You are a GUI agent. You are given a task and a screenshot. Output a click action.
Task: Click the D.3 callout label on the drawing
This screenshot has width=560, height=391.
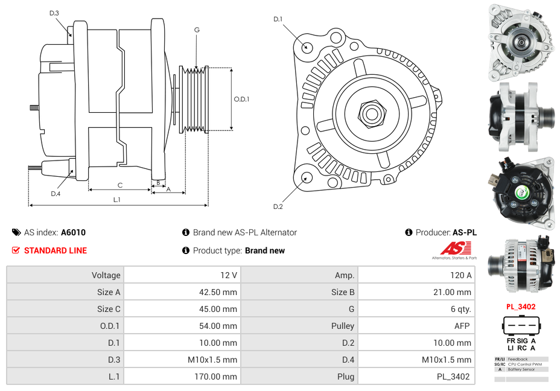click(54, 13)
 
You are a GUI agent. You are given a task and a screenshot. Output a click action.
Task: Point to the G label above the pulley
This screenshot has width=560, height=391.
click(197, 30)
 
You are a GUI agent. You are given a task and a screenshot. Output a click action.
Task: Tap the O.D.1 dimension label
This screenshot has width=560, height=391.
click(241, 100)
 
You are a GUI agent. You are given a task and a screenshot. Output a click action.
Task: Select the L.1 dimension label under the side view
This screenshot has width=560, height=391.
click(117, 199)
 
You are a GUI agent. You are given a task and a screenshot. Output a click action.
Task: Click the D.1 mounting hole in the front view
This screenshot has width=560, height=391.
click(307, 46)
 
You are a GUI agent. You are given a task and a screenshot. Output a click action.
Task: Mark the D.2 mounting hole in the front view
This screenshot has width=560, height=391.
click(307, 177)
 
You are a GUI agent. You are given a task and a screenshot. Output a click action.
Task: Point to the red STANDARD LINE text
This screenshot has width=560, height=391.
click(56, 250)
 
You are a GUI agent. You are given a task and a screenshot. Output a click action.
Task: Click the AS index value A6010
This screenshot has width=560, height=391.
click(73, 232)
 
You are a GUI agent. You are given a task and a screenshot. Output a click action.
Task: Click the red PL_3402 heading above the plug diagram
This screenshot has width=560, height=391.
click(521, 307)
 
